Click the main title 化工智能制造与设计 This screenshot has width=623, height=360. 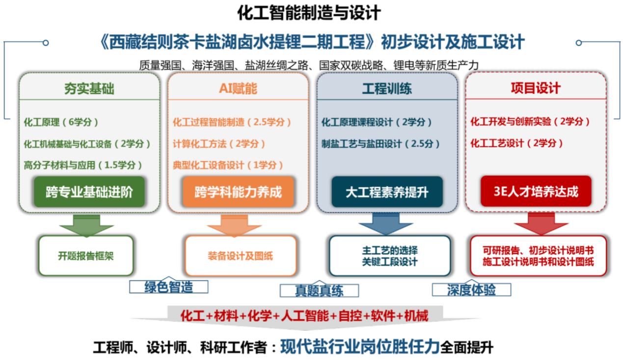(x=309, y=13)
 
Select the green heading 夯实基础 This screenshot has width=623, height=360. (x=89, y=88)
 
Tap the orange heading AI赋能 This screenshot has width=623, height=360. (x=238, y=88)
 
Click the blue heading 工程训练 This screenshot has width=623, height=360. (x=387, y=88)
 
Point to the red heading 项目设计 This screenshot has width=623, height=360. (x=536, y=88)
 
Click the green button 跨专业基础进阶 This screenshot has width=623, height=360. (x=89, y=192)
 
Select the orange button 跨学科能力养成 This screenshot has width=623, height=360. (x=238, y=192)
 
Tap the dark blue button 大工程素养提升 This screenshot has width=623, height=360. (x=387, y=192)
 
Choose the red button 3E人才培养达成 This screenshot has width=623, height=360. (x=536, y=191)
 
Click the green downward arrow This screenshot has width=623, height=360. (x=86, y=225)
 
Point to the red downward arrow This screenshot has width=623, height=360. (x=541, y=223)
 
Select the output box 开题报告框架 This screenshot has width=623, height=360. (x=86, y=256)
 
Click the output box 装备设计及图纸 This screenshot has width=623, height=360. (x=241, y=256)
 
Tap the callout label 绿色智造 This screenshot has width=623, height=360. (x=168, y=287)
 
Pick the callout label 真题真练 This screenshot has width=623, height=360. (x=319, y=290)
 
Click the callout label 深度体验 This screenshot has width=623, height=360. (x=471, y=290)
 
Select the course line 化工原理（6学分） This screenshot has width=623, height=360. (x=61, y=122)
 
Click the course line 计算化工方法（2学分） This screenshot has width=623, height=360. (x=218, y=143)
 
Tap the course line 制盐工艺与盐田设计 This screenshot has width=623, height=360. (x=380, y=143)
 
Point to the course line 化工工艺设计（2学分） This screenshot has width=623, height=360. (x=516, y=143)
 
